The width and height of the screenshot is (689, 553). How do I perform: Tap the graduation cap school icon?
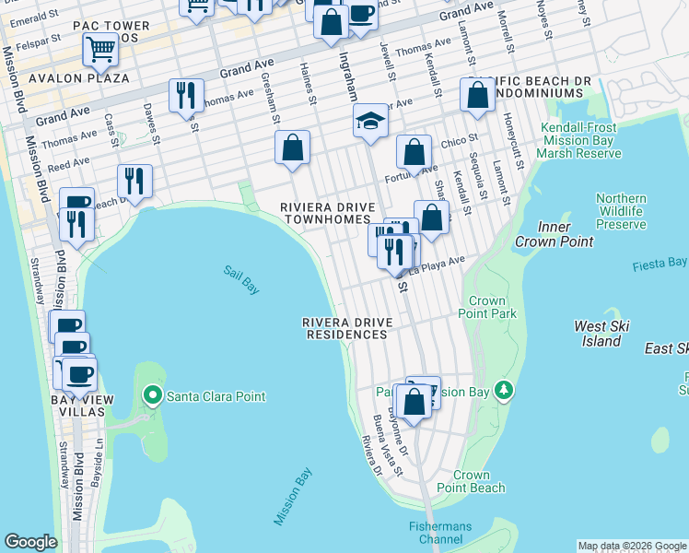click(x=370, y=121)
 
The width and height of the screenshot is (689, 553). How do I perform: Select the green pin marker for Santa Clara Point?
click(x=153, y=396)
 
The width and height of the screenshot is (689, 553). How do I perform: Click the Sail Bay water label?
click(x=241, y=280)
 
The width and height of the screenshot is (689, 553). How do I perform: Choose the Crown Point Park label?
click(x=493, y=307)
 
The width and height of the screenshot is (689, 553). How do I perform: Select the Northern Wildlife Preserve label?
click(x=621, y=211)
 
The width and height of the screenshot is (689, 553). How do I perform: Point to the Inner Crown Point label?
click(x=567, y=234)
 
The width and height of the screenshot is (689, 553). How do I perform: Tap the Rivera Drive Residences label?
click(x=346, y=328)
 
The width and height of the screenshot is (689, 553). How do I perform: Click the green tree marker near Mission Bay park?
click(x=503, y=391)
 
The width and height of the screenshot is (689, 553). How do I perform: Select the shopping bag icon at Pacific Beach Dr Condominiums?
click(x=477, y=96)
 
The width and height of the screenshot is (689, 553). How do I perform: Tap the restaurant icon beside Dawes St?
click(x=134, y=182)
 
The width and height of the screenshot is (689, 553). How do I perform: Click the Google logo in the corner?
click(x=29, y=542)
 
